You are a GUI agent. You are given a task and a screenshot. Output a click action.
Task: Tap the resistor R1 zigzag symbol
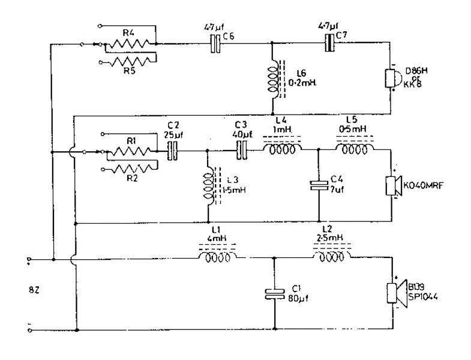coord(131,152)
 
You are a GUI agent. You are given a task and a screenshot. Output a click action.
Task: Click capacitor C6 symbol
coord(215,43)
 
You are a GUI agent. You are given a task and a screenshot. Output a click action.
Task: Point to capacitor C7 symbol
coord(328,43)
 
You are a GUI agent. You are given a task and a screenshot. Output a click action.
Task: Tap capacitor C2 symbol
coord(173,152)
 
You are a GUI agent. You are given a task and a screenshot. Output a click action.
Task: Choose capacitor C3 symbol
coord(243,152)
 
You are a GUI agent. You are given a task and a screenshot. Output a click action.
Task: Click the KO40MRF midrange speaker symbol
coord(393,187)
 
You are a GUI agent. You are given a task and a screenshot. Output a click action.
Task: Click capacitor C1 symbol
coord(274,294)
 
